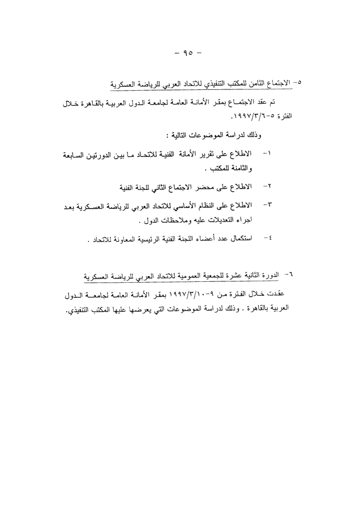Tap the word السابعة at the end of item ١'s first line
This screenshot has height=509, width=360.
pos(78,154)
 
